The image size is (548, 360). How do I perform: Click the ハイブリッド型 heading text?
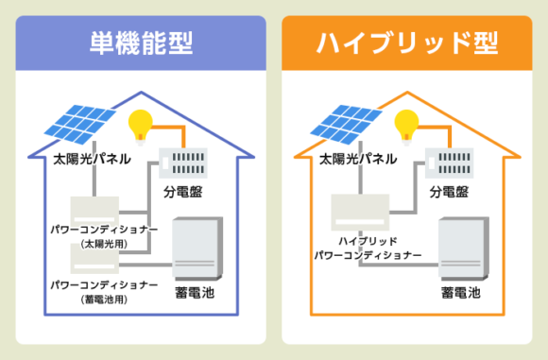(x=408, y=43)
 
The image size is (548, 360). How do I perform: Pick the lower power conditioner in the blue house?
(x=95, y=257)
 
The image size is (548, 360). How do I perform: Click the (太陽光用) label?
(x=104, y=244)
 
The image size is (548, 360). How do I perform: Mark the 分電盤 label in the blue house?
(x=182, y=192)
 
